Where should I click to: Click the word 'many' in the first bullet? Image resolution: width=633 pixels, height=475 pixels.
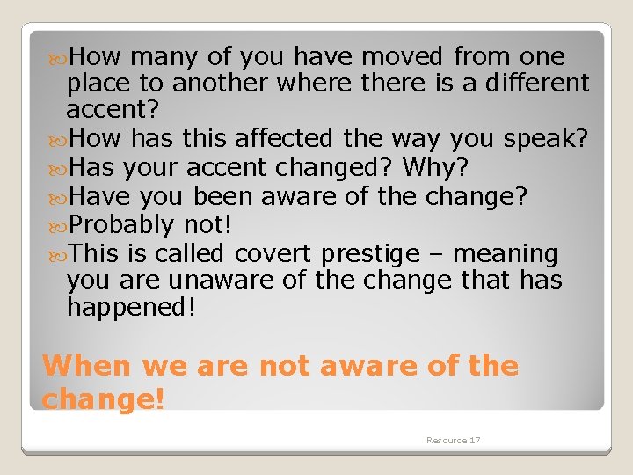164,57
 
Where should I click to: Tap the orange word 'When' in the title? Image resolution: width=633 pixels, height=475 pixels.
86,365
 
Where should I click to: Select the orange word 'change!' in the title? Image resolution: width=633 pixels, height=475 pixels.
103,398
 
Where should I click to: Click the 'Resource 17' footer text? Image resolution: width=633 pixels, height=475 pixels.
453,440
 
